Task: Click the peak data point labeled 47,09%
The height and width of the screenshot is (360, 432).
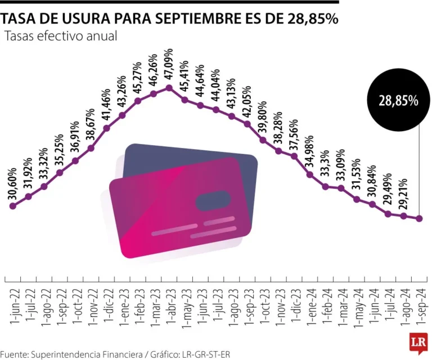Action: coord(169,88)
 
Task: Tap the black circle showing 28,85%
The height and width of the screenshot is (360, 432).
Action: coord(398,101)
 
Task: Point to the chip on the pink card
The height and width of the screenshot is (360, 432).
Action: coord(213,201)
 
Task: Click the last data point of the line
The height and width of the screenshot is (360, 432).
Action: coord(419,219)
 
